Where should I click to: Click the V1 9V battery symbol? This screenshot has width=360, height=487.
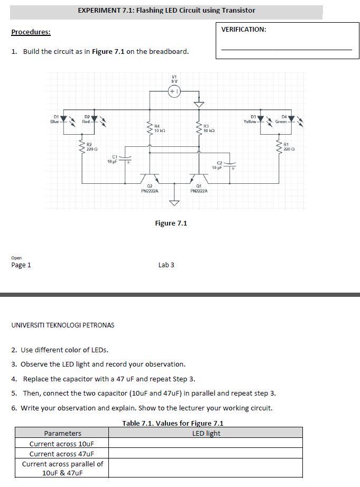click(x=174, y=91)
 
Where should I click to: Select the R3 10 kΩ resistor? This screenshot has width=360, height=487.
click(x=199, y=128)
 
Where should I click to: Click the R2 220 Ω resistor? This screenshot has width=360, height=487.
click(x=82, y=146)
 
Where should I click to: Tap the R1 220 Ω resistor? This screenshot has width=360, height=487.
click(x=279, y=146)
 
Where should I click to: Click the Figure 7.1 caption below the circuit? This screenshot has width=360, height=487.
click(x=171, y=223)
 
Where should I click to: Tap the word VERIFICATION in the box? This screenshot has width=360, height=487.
click(x=244, y=30)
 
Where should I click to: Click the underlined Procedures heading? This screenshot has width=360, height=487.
click(x=31, y=32)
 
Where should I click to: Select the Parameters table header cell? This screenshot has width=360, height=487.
click(x=62, y=433)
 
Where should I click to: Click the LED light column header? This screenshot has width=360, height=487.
click(x=206, y=433)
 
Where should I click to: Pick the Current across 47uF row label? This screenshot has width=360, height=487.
click(x=62, y=454)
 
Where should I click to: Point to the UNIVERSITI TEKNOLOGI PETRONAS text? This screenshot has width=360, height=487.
click(x=62, y=325)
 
